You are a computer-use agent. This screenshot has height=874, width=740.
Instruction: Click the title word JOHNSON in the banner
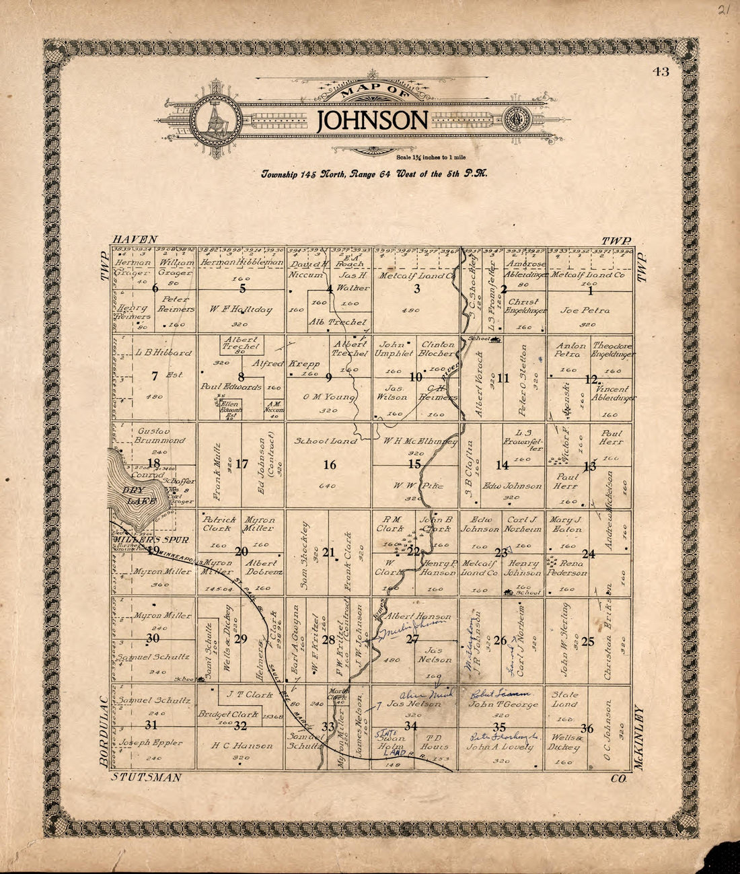tap(372, 121)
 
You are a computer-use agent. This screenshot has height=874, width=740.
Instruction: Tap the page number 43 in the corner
tap(660, 73)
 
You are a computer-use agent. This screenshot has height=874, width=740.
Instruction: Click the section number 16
tap(329, 465)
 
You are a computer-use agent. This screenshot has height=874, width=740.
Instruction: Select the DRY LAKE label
tap(141, 497)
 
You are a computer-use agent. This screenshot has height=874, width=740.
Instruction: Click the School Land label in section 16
tap(320, 441)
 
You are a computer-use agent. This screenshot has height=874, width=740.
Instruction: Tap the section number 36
tap(587, 729)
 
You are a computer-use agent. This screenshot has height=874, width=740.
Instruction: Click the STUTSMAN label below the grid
tap(146, 778)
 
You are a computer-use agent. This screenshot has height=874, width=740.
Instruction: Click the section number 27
tap(412, 639)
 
